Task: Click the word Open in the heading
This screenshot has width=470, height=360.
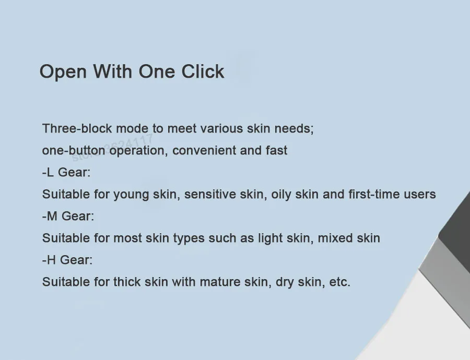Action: click(x=63, y=72)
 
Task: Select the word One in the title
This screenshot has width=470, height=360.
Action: click(x=157, y=71)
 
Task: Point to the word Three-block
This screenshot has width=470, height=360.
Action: click(x=77, y=128)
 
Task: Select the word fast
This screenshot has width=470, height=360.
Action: click(x=276, y=150)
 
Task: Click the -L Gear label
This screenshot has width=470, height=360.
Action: click(x=66, y=172)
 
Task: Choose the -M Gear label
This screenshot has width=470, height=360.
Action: click(x=68, y=216)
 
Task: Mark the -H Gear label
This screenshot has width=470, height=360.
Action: click(x=67, y=260)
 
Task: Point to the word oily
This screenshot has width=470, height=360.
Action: click(x=281, y=195)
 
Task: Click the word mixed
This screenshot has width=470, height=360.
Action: click(x=335, y=238)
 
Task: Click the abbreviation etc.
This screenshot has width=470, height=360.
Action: click(x=339, y=282)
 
